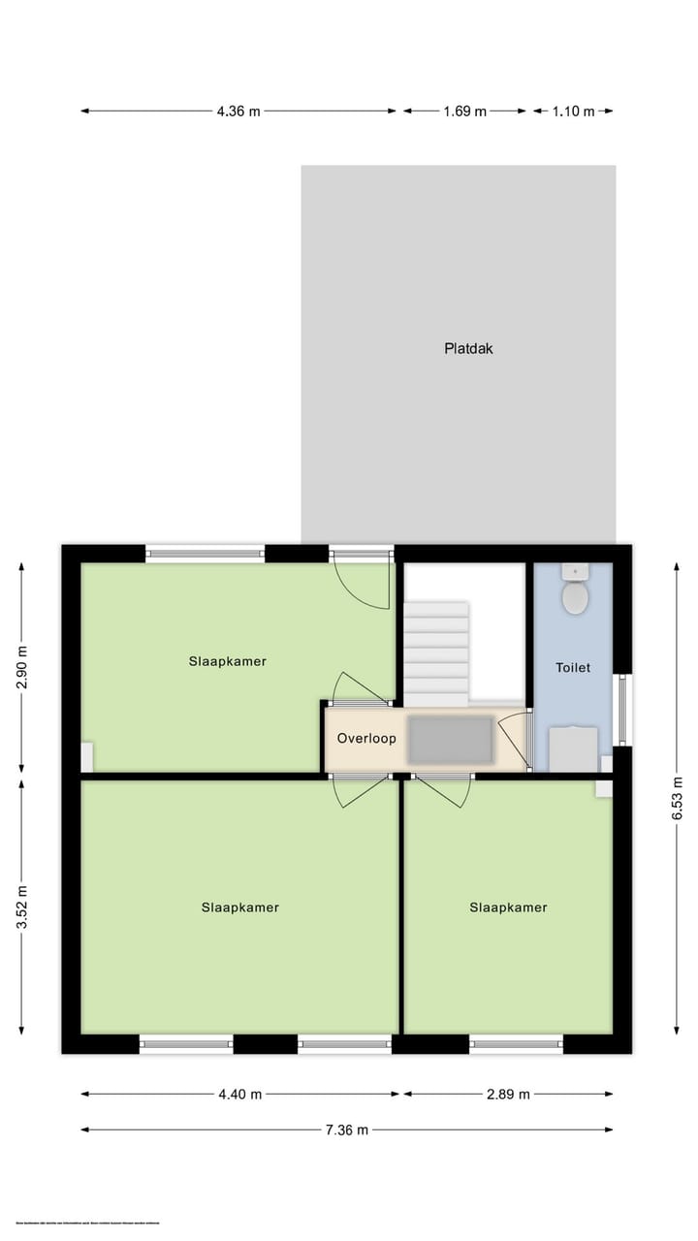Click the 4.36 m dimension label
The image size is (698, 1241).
(239, 111)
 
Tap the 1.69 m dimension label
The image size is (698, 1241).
(464, 111)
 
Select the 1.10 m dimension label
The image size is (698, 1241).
(573, 111)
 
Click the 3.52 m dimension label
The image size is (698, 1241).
(22, 908)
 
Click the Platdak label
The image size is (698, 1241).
(469, 348)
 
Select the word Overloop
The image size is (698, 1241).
(366, 738)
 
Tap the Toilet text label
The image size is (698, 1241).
(573, 667)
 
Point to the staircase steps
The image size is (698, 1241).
(436, 654)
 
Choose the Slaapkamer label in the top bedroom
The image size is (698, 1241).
(228, 661)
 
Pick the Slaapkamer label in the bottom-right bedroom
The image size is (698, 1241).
(508, 907)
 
